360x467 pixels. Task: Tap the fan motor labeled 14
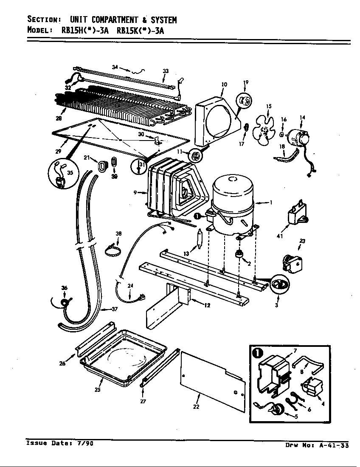click(299, 138)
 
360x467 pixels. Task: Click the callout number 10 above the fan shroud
click(224, 85)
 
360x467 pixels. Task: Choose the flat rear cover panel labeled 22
click(212, 380)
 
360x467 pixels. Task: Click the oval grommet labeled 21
click(102, 166)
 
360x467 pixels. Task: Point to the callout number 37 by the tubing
click(114, 309)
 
